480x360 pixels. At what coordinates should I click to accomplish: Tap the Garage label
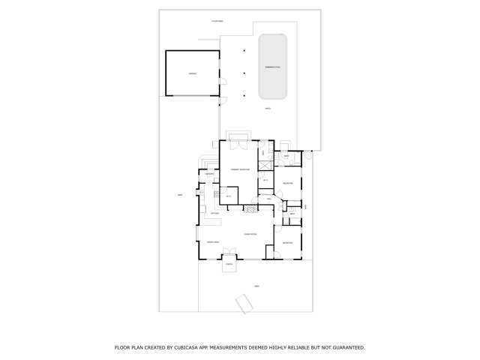[193, 73]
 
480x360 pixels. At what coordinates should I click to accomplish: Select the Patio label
[268, 109]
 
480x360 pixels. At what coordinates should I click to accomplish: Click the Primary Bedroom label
[240, 170]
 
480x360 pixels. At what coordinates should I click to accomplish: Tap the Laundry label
[210, 175]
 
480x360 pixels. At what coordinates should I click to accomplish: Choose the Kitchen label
[214, 213]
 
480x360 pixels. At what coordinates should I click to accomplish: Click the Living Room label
[250, 234]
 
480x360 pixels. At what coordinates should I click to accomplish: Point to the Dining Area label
[213, 242]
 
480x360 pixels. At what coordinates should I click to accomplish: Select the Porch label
[229, 264]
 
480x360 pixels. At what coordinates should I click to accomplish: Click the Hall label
[268, 199]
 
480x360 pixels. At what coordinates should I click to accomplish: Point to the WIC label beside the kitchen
[227, 196]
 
